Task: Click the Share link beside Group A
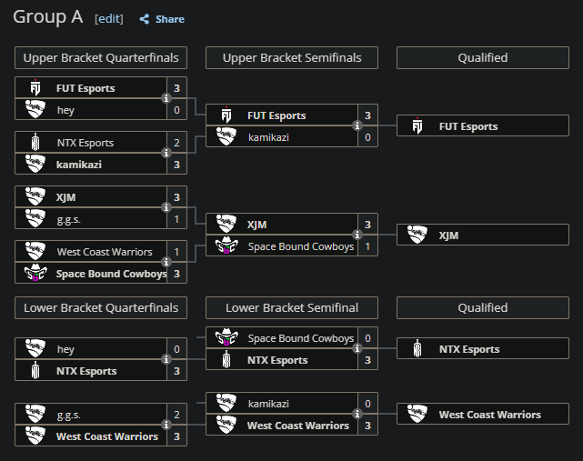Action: click(162, 19)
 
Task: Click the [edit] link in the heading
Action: click(109, 18)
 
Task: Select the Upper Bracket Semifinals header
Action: click(292, 57)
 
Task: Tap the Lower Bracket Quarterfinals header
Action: click(101, 308)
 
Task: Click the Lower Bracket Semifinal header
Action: click(292, 308)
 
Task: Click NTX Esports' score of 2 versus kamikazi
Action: click(177, 143)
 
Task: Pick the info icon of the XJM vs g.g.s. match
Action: click(166, 207)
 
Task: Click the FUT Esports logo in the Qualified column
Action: click(417, 125)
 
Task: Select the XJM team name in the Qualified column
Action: click(448, 236)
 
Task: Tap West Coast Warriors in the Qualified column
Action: click(490, 415)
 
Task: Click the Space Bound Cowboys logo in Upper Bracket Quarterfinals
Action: click(35, 273)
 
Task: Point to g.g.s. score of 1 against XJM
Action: click(177, 219)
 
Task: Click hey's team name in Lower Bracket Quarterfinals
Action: click(65, 349)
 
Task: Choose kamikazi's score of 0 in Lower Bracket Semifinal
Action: click(367, 404)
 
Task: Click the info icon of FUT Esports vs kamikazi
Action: click(357, 125)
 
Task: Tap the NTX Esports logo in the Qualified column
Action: click(417, 349)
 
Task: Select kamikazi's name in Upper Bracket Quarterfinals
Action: click(79, 165)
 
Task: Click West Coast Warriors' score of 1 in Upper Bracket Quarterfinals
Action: click(177, 252)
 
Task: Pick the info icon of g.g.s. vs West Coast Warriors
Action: click(166, 425)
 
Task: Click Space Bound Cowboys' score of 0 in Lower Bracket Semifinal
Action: click(367, 338)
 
